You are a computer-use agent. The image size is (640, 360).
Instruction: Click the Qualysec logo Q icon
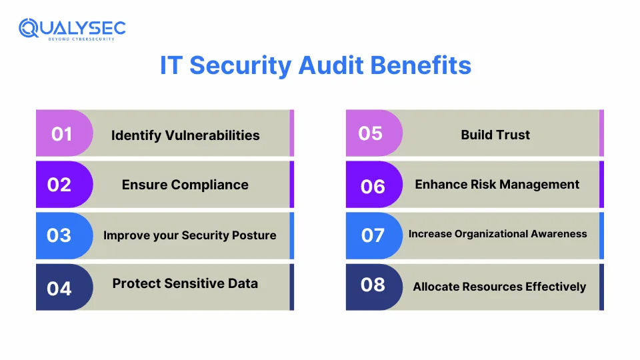point(29,28)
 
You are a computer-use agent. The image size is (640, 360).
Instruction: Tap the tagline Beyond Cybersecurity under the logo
point(81,39)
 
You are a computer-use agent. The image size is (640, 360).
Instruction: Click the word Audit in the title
point(331,65)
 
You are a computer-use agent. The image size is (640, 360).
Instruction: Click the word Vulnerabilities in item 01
point(212,135)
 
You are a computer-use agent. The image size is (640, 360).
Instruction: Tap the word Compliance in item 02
point(210,185)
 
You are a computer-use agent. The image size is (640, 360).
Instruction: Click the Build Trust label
point(495,135)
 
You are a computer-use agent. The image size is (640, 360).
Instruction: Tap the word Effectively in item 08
point(556,287)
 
